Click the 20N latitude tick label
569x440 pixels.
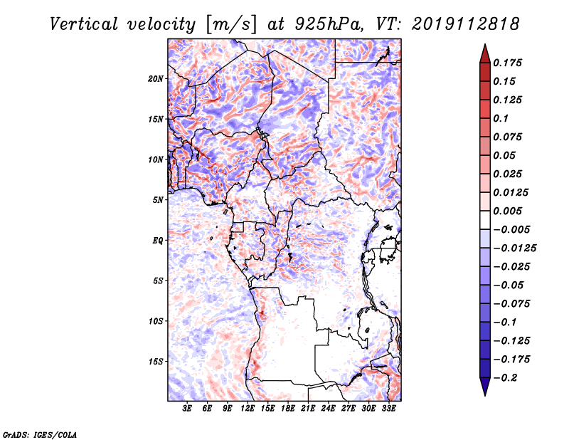point(156,79)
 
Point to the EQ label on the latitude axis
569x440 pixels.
point(158,241)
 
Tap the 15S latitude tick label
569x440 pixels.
point(156,362)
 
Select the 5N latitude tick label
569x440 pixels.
point(158,200)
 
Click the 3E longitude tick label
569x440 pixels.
point(187,409)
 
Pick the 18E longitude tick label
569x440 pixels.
point(288,409)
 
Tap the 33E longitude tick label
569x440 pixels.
point(388,409)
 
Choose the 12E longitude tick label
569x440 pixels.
point(248,409)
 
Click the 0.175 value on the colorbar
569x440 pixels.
point(507,63)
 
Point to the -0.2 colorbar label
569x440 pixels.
point(506,378)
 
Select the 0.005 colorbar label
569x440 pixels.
point(507,211)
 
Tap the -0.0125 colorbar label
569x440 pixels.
point(514,248)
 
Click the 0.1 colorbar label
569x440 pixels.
point(501,118)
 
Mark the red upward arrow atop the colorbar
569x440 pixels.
point(485,53)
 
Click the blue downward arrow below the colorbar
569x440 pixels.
point(485,387)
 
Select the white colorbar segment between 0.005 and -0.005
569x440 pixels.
point(485,220)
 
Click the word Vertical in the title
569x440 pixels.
point(84,24)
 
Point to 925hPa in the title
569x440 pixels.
point(329,24)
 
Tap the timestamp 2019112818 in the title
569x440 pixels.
point(466,24)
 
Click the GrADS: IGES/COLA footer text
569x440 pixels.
point(40,434)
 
